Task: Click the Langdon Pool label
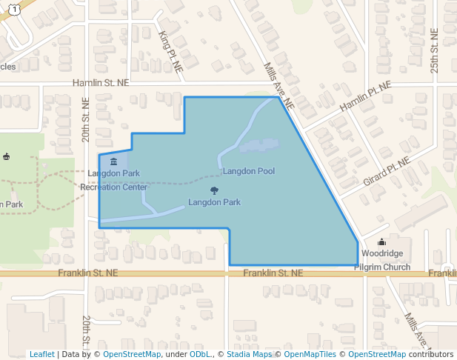coord(249,171)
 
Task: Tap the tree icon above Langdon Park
coord(214,190)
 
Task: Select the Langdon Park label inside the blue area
coord(214,202)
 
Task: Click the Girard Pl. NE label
coord(386,171)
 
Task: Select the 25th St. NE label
coord(436,53)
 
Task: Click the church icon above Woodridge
coord(381,241)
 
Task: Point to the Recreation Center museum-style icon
coord(113,161)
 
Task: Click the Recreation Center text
coord(113,187)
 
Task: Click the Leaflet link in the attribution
coord(41,354)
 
